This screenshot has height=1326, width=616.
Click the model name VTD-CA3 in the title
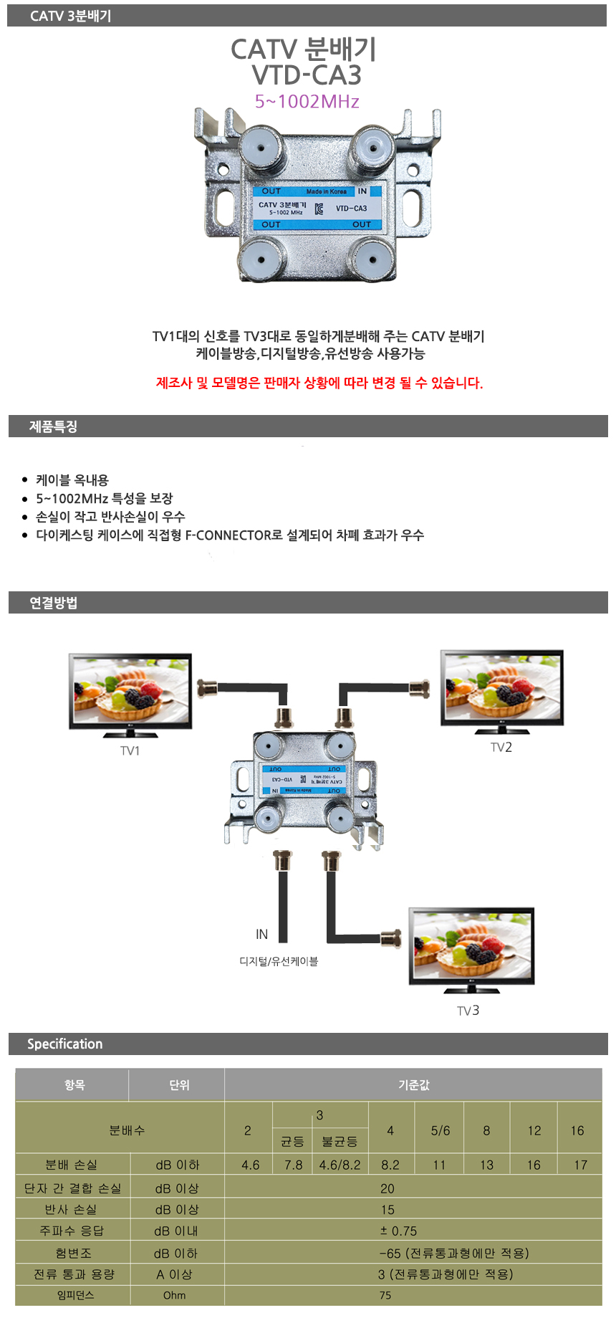(307, 75)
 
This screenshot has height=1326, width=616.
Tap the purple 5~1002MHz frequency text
(307, 102)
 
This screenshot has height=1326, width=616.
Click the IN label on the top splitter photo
(362, 191)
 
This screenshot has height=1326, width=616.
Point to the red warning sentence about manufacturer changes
(319, 383)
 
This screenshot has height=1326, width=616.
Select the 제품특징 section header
(53, 426)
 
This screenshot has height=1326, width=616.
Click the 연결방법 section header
(53, 603)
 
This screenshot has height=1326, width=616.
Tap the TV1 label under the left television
(130, 750)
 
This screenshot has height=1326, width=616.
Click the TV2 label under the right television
(501, 747)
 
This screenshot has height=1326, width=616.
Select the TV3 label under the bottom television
(468, 1010)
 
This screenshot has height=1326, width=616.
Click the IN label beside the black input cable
(261, 934)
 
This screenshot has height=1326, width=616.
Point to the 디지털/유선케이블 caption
(279, 961)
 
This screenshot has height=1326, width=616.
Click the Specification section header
(64, 1044)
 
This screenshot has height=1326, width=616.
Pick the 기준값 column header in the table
(413, 1085)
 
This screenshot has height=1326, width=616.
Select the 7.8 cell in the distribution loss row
(294, 1165)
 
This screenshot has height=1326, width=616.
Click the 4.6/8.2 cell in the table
(340, 1165)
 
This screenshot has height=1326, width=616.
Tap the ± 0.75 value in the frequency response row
(398, 1231)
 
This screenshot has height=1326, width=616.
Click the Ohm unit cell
(174, 1295)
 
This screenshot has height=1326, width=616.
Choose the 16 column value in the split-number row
(577, 1130)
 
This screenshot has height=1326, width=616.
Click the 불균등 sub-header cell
(340, 1141)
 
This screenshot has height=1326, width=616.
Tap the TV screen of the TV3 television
(471, 945)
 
